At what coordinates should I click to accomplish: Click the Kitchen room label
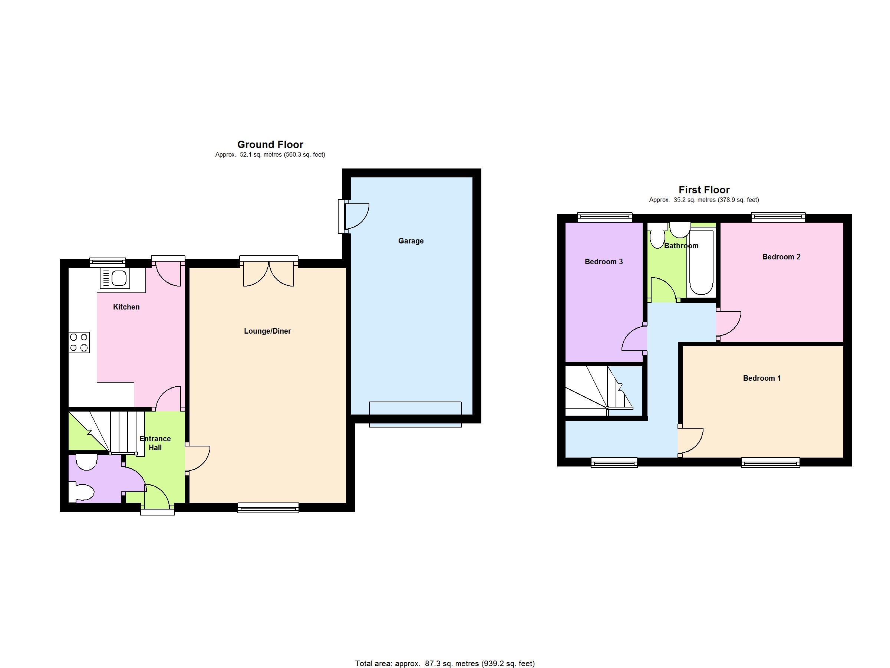tap(126, 307)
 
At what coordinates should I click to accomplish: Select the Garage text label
tap(411, 241)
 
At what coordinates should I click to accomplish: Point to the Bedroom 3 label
tap(603, 262)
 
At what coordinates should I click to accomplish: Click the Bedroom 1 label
tap(762, 378)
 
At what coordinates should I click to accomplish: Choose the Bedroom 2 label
tap(781, 257)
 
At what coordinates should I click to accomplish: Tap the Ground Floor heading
tap(270, 145)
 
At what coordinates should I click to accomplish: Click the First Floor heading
tap(704, 190)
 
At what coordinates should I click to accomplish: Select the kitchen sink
tap(115, 278)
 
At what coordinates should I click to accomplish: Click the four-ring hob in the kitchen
tap(79, 343)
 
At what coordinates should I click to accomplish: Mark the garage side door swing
tap(356, 216)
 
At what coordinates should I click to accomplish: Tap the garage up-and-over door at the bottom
tap(415, 414)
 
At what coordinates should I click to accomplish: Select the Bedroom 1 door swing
tap(690, 441)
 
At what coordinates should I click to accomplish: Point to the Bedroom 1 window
tap(771, 463)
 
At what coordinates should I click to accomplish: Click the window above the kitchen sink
tap(108, 262)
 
